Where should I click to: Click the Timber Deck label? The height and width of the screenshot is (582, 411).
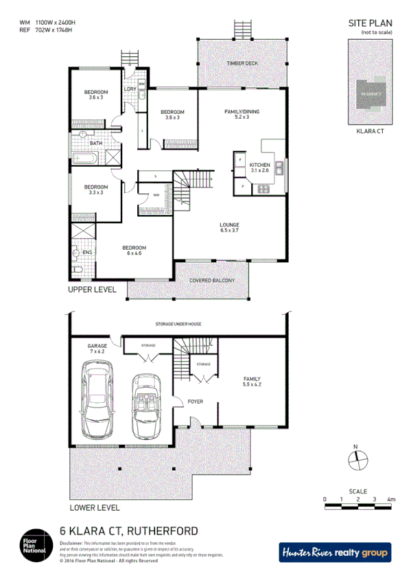click(242, 64)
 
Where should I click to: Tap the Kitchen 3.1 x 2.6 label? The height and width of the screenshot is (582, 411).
click(259, 167)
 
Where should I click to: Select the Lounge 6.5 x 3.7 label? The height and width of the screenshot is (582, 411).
click(228, 228)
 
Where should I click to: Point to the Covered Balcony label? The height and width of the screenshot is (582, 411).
click(213, 280)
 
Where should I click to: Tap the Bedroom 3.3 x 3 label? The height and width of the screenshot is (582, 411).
click(95, 189)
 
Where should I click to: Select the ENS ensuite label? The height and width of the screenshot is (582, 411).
click(86, 253)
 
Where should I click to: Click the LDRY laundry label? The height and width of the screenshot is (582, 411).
click(129, 89)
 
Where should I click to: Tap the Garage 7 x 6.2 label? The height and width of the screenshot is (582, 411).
click(95, 348)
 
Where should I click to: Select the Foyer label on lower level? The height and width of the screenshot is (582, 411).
click(195, 401)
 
